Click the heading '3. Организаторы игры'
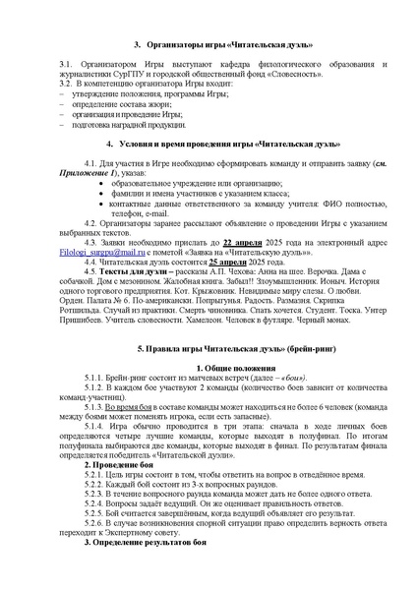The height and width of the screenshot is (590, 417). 208,44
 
